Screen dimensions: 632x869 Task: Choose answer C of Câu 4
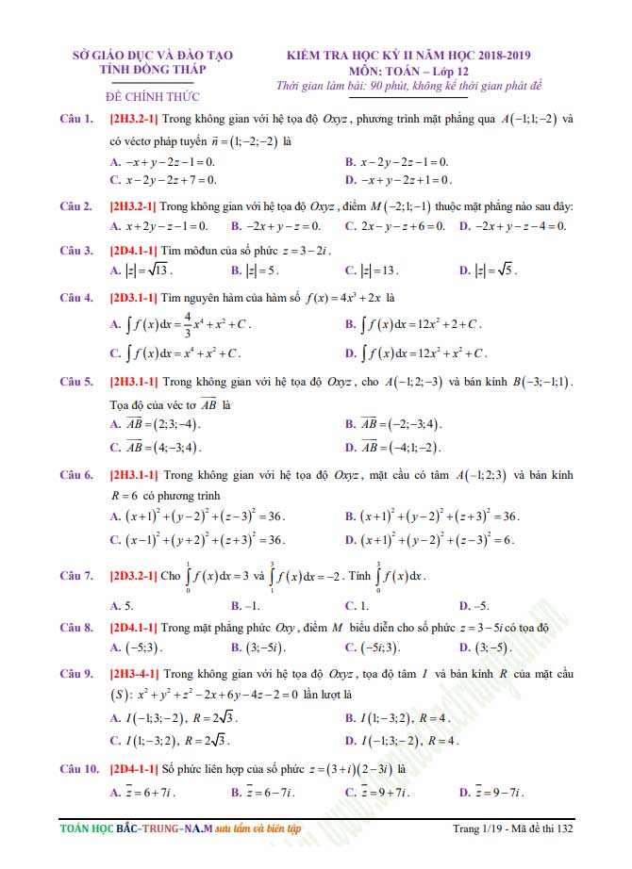175,353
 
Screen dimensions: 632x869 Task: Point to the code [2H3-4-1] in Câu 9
134,674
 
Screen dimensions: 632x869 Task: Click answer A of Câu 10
143,793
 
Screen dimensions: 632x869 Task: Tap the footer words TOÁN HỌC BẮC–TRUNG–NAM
132,829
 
